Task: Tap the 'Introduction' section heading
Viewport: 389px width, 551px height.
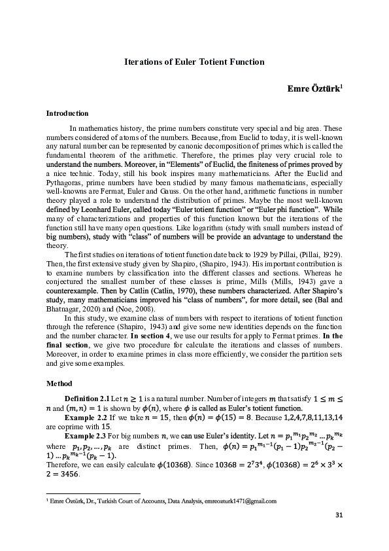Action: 67,113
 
